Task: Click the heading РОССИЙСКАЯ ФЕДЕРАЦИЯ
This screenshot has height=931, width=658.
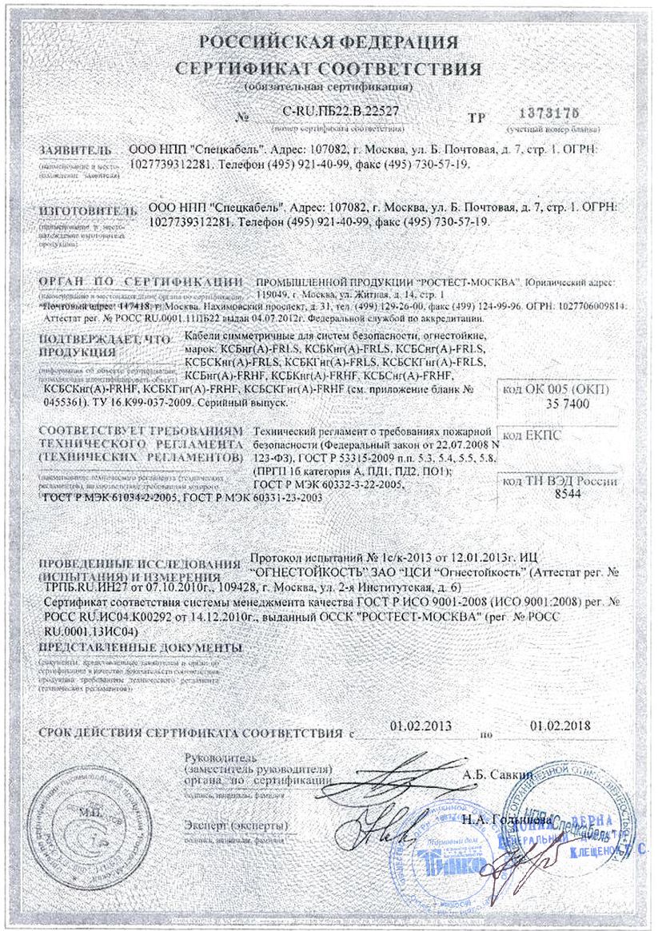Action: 329,42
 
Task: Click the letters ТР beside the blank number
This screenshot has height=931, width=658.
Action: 477,117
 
